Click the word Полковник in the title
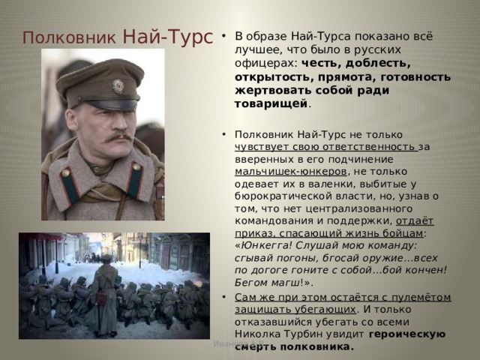point(69,37)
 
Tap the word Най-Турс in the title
point(168,37)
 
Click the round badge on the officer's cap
point(118,86)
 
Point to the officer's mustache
point(118,136)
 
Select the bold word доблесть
point(378,63)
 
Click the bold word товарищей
point(271,103)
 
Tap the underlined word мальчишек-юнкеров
point(291,172)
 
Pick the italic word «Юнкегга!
point(264,246)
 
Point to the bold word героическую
point(407,334)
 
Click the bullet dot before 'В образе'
point(223,36)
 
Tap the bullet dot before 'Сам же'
point(223,297)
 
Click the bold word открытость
point(273,76)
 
